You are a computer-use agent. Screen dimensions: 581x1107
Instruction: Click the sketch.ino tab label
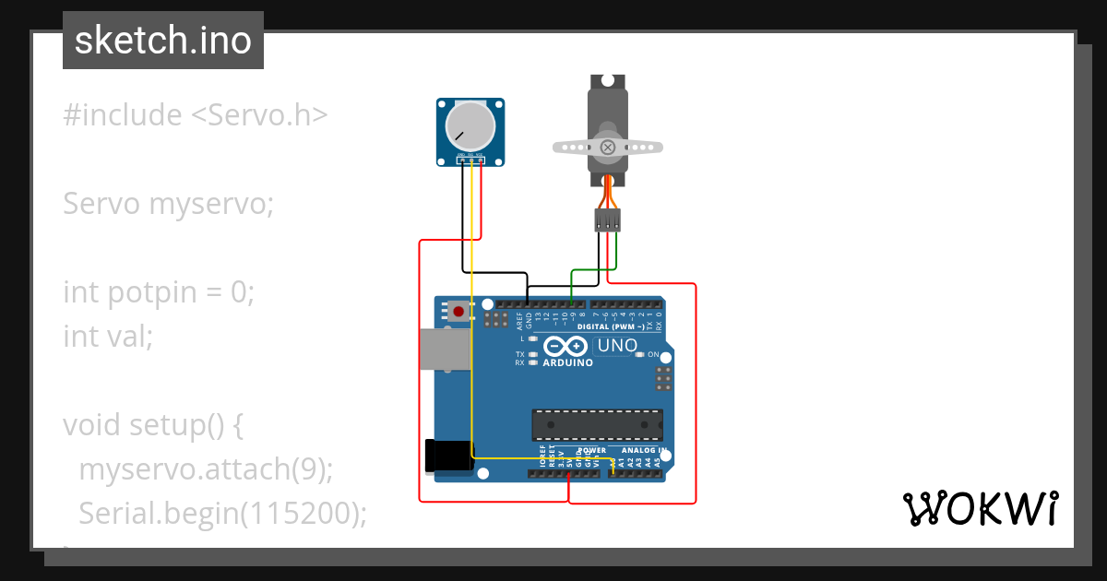pos(162,41)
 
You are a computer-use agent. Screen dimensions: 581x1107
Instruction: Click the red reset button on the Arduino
pos(458,312)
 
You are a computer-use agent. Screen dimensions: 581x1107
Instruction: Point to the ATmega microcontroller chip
pos(597,424)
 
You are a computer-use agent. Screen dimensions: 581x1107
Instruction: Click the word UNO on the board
pos(617,346)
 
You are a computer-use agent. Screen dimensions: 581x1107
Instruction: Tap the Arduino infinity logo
pos(565,347)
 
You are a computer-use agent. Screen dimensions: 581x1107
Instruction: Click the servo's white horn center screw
pos(607,147)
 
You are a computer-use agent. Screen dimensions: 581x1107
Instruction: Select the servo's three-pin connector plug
pos(607,219)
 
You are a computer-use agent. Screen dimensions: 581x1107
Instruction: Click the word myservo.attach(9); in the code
pos(205,468)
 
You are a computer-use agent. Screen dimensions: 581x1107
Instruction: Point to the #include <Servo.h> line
pos(195,115)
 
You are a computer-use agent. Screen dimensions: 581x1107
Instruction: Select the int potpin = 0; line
pos(158,292)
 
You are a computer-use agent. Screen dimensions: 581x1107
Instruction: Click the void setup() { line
pos(153,425)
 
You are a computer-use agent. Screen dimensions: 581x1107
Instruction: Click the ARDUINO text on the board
pos(567,363)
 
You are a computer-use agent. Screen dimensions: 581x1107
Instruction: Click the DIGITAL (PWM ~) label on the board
pos(611,327)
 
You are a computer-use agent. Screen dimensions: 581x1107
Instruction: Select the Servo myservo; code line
pos(168,204)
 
